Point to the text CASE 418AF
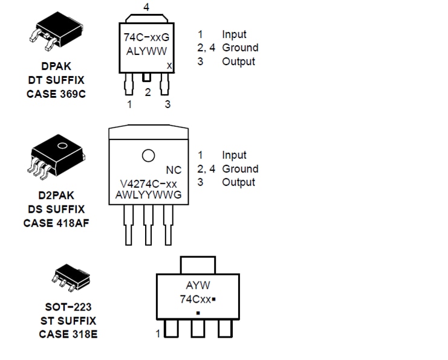point(57,222)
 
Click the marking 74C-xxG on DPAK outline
point(146,37)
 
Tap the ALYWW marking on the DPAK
point(146,51)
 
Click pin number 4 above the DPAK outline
point(147,7)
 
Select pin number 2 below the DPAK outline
point(147,92)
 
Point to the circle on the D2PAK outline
point(148,155)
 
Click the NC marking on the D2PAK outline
point(174,170)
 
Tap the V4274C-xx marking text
point(148,183)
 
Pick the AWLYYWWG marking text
point(148,195)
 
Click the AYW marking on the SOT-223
point(198,286)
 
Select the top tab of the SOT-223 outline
point(198,265)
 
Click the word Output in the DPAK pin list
point(238,61)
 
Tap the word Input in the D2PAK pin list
point(234,155)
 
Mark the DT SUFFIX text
point(56,80)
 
